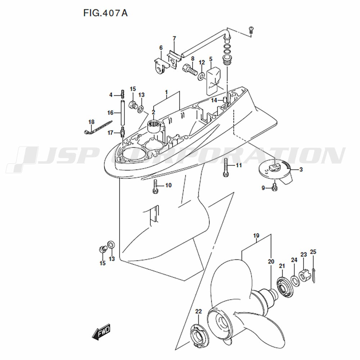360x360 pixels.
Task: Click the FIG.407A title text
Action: [x=105, y=13]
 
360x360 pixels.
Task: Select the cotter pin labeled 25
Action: [x=314, y=275]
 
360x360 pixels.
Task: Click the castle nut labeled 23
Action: [x=303, y=275]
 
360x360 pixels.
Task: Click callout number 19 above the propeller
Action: [x=256, y=235]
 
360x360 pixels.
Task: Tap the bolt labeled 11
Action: [x=225, y=167]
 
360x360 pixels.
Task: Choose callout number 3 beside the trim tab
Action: [x=301, y=170]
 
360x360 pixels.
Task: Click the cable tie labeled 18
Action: [x=97, y=128]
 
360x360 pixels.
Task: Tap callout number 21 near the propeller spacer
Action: [x=282, y=266]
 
